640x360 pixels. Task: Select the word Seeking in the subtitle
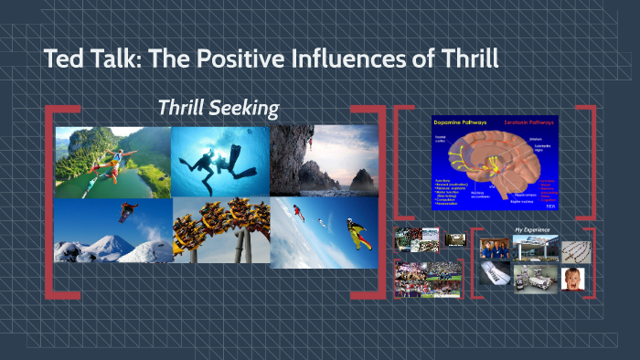click(x=245, y=108)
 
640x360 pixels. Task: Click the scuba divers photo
click(x=219, y=161)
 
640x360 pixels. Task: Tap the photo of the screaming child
click(x=574, y=279)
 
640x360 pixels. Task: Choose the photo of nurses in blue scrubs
click(x=495, y=249)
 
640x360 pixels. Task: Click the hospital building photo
click(x=535, y=248)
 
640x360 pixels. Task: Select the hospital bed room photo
click(x=535, y=278)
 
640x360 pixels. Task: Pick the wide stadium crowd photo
click(x=428, y=278)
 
